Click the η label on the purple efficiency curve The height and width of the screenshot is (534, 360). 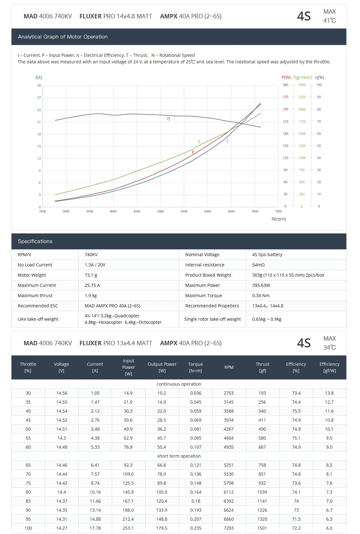pyautogui.click(x=169, y=119)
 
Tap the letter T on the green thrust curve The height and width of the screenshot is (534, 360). pyautogui.click(x=199, y=142)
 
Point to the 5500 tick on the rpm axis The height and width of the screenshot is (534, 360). pyautogui.click(x=184, y=211)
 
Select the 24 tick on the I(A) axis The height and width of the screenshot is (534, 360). pyautogui.click(x=39, y=110)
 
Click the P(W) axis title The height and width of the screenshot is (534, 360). pyautogui.click(x=286, y=77)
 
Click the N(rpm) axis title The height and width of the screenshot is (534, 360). pyautogui.click(x=279, y=219)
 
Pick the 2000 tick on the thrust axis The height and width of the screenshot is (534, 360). pyautogui.click(x=302, y=109)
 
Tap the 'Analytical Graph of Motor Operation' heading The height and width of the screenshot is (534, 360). pyautogui.click(x=63, y=37)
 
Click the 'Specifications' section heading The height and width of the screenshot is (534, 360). pyautogui.click(x=35, y=241)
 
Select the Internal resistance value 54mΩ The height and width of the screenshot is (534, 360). pyautogui.click(x=259, y=265)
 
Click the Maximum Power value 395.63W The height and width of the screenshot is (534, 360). pyautogui.click(x=261, y=285)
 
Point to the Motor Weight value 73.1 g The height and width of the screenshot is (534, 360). pyautogui.click(x=91, y=275)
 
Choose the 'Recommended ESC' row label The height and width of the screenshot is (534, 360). pyautogui.click(x=38, y=306)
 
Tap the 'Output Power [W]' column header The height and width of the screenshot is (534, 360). pyautogui.click(x=162, y=367)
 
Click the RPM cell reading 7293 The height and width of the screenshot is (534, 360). pyautogui.click(x=229, y=528)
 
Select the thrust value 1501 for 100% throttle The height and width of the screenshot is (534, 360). pyautogui.click(x=262, y=528)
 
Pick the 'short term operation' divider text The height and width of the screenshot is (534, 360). pyautogui.click(x=179, y=456)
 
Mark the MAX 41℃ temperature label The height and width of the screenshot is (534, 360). pyautogui.click(x=330, y=16)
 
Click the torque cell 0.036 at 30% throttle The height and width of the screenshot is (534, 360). pyautogui.click(x=196, y=393)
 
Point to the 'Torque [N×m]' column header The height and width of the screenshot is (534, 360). pyautogui.click(x=196, y=367)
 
